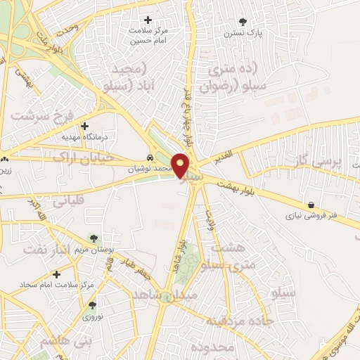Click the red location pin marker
[181, 165]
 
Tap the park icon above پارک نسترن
[243, 22]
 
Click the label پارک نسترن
[243, 33]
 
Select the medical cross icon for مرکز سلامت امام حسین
[148, 20]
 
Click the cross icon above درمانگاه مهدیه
[84, 127]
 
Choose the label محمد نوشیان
[150, 169]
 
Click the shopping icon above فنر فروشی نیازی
[310, 205]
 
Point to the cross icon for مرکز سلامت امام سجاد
[56, 274]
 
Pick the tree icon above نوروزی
[92, 305]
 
